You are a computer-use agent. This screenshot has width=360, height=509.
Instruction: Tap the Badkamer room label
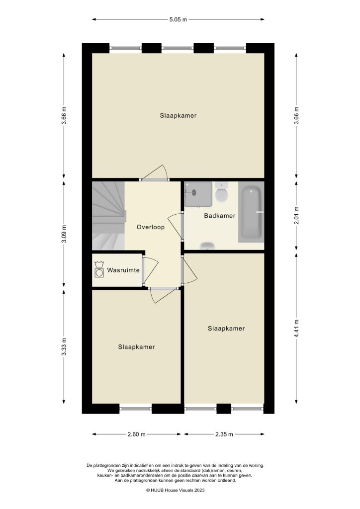[x=219, y=216]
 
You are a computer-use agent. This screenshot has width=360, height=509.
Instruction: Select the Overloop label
[x=151, y=227]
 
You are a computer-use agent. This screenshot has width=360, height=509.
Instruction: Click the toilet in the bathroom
[x=222, y=194]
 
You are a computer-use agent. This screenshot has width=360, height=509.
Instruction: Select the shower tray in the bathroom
[x=198, y=194]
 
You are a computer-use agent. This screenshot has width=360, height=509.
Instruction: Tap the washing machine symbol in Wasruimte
[x=99, y=272]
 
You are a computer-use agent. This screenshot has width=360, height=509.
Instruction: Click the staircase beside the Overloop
[x=107, y=216]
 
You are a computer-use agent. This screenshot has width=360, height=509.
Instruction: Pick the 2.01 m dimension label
[x=296, y=215]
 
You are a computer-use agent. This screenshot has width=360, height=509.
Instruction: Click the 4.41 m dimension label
[x=296, y=328]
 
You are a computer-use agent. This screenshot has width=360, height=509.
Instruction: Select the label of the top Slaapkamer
[x=178, y=115]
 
